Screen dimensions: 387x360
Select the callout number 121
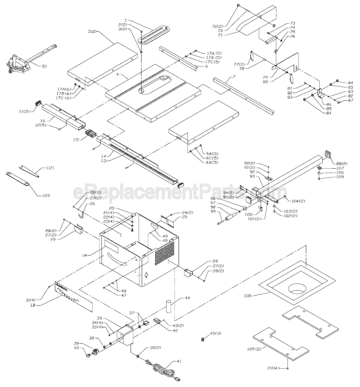(51, 168)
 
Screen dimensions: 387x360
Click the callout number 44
(187, 299)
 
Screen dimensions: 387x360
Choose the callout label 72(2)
(217, 27)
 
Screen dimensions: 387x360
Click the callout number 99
(213, 211)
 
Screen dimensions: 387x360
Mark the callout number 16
(43, 121)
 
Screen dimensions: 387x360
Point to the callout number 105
(339, 177)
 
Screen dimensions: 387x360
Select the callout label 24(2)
(187, 213)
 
